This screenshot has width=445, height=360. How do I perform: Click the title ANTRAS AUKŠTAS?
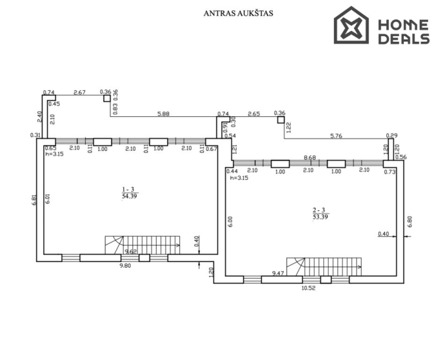pyautogui.click(x=238, y=13)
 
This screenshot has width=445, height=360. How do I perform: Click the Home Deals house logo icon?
pyautogui.click(x=351, y=25)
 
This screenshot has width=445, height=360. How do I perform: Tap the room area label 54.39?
pyautogui.click(x=129, y=196)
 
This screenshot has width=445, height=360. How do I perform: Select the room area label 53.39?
pyautogui.click(x=321, y=217)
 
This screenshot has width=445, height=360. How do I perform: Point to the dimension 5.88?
pyautogui.click(x=163, y=114)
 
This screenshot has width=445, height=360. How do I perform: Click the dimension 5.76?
pyautogui.click(x=336, y=136)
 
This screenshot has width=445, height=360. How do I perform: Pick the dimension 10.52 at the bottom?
pyautogui.click(x=309, y=288)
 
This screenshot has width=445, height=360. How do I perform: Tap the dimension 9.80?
pyautogui.click(x=125, y=266)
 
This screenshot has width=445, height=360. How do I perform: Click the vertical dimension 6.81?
pyautogui.click(x=34, y=200)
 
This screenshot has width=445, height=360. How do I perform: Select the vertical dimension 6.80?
pyautogui.click(x=410, y=222)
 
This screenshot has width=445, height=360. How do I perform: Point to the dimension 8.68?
pyautogui.click(x=310, y=157)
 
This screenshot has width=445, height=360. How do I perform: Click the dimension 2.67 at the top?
pyautogui.click(x=80, y=92)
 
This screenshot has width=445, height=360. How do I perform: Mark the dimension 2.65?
pyautogui.click(x=254, y=114)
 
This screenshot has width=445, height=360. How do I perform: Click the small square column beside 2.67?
pyautogui.click(x=107, y=99)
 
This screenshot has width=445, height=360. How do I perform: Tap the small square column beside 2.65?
pyautogui.click(x=281, y=120)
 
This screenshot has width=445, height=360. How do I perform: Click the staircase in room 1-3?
pyautogui.click(x=143, y=245)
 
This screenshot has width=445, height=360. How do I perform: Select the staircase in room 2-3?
pyautogui.click(x=324, y=267)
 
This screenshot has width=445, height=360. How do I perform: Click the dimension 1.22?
pyautogui.click(x=288, y=128)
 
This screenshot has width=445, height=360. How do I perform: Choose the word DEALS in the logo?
pyautogui.click(x=404, y=39)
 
